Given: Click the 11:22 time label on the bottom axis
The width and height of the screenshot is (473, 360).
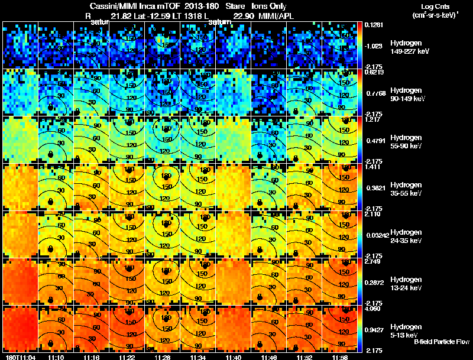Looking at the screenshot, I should (x=127, y=357).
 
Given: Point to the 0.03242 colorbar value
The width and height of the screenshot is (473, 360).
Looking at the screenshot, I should (x=376, y=235).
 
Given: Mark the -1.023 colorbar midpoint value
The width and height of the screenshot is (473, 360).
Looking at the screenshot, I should (x=374, y=46).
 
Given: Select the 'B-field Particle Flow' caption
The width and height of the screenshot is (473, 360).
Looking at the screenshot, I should (x=442, y=342).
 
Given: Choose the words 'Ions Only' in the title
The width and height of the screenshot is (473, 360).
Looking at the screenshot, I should (x=268, y=7).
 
